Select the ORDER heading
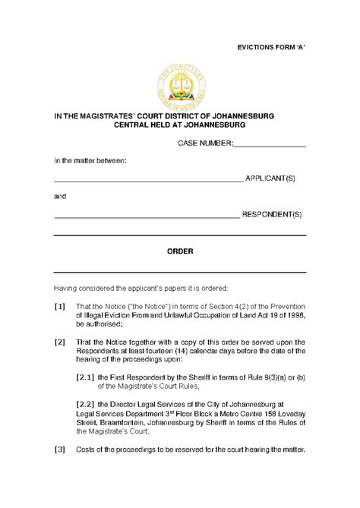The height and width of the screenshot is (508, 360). (179, 251)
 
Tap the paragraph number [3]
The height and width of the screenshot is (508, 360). (59, 450)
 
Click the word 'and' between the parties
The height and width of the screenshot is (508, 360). (59, 197)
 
